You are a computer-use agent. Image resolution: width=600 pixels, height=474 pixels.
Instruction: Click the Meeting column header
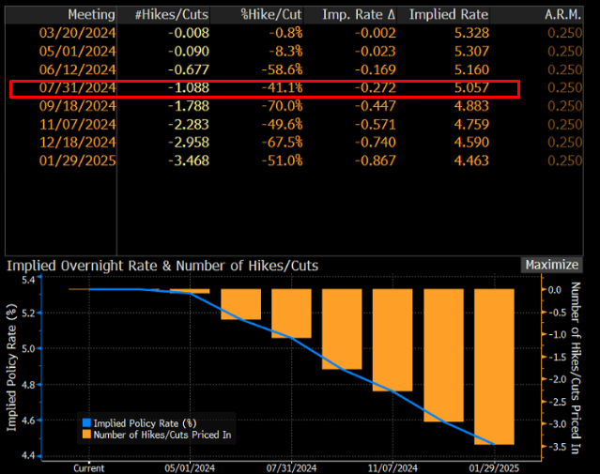(91, 15)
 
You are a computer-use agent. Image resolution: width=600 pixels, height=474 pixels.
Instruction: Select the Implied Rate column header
(449, 15)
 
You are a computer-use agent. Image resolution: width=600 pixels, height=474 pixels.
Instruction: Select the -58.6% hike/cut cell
(276, 70)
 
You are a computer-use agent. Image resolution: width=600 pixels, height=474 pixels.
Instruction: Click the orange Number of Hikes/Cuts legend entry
(160, 435)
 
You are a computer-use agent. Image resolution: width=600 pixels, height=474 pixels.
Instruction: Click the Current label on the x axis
(89, 466)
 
